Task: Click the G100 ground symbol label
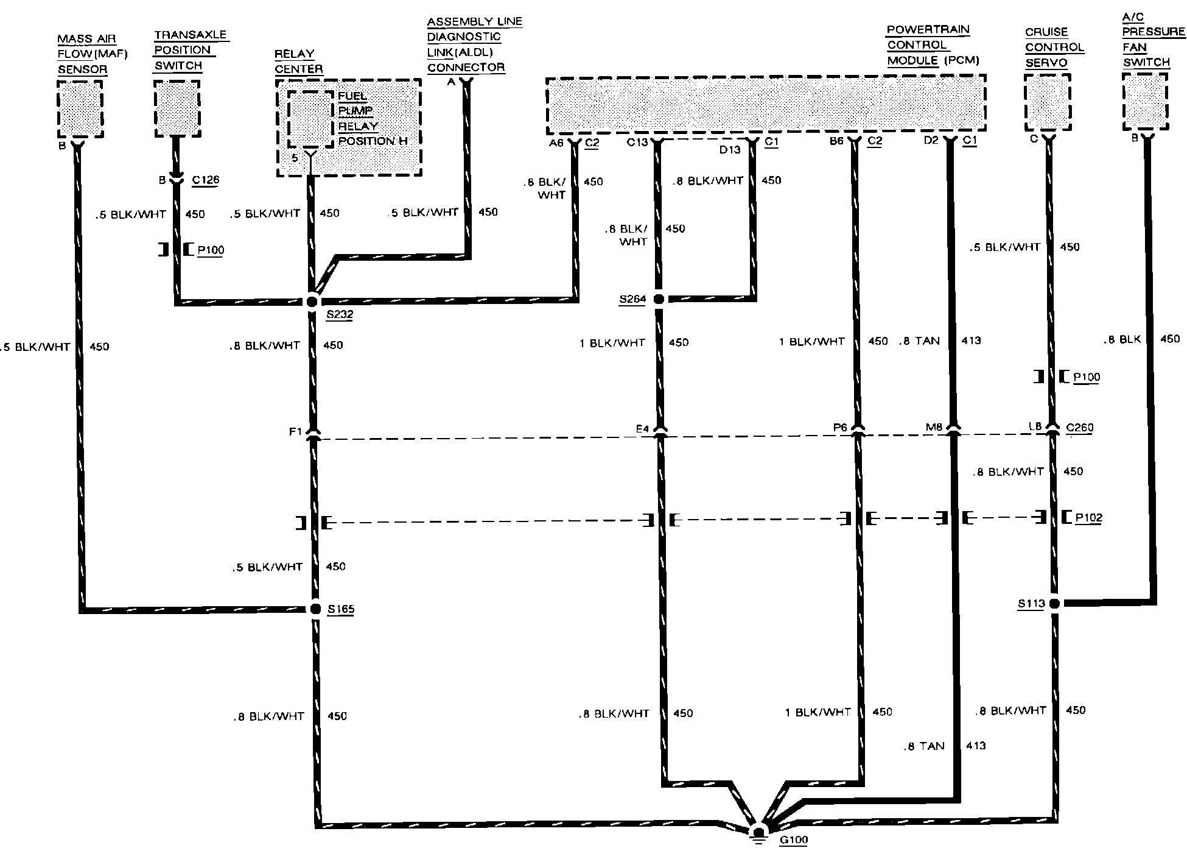click(x=794, y=839)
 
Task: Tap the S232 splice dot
click(x=312, y=301)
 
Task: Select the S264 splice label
click(x=632, y=299)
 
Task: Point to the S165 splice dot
click(x=315, y=609)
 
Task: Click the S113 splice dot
click(x=1054, y=604)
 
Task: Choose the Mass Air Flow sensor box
click(x=80, y=109)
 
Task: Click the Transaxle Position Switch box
click(x=177, y=108)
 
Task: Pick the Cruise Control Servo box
click(x=1047, y=102)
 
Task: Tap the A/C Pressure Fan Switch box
click(x=1145, y=101)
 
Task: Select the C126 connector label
click(x=205, y=180)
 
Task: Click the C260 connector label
click(x=1079, y=428)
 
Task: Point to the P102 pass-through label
click(x=1088, y=518)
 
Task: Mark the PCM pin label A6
click(x=556, y=143)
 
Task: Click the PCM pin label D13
click(x=729, y=149)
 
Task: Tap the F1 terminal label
click(x=295, y=431)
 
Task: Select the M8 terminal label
click(x=934, y=427)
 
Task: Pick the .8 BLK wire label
click(x=1122, y=339)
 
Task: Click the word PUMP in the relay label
click(x=355, y=111)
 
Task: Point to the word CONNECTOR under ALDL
click(x=466, y=68)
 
